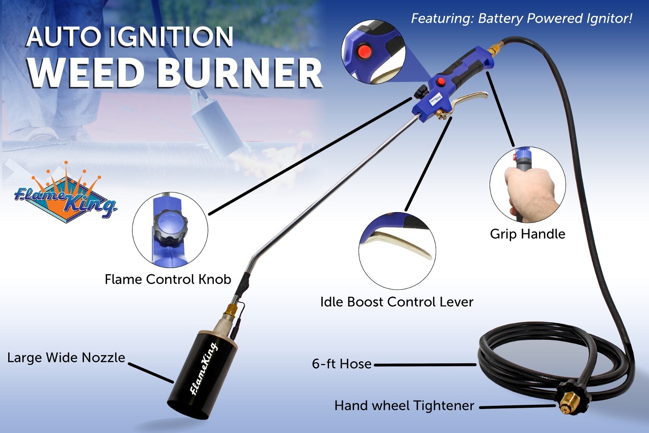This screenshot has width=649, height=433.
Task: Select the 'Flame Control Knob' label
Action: (x=168, y=279)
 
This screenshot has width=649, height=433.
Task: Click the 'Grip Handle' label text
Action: (x=527, y=234)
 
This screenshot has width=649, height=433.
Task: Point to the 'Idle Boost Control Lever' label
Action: (x=396, y=302)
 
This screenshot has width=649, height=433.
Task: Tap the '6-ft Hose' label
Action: (x=342, y=364)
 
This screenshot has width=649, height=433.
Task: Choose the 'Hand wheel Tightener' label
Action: (x=404, y=405)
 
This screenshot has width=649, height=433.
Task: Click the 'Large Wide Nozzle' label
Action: (x=66, y=357)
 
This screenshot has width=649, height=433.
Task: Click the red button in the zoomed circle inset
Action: (x=364, y=52)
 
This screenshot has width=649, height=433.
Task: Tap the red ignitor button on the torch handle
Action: (x=440, y=82)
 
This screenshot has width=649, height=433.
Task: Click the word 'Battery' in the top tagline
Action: (x=501, y=19)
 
